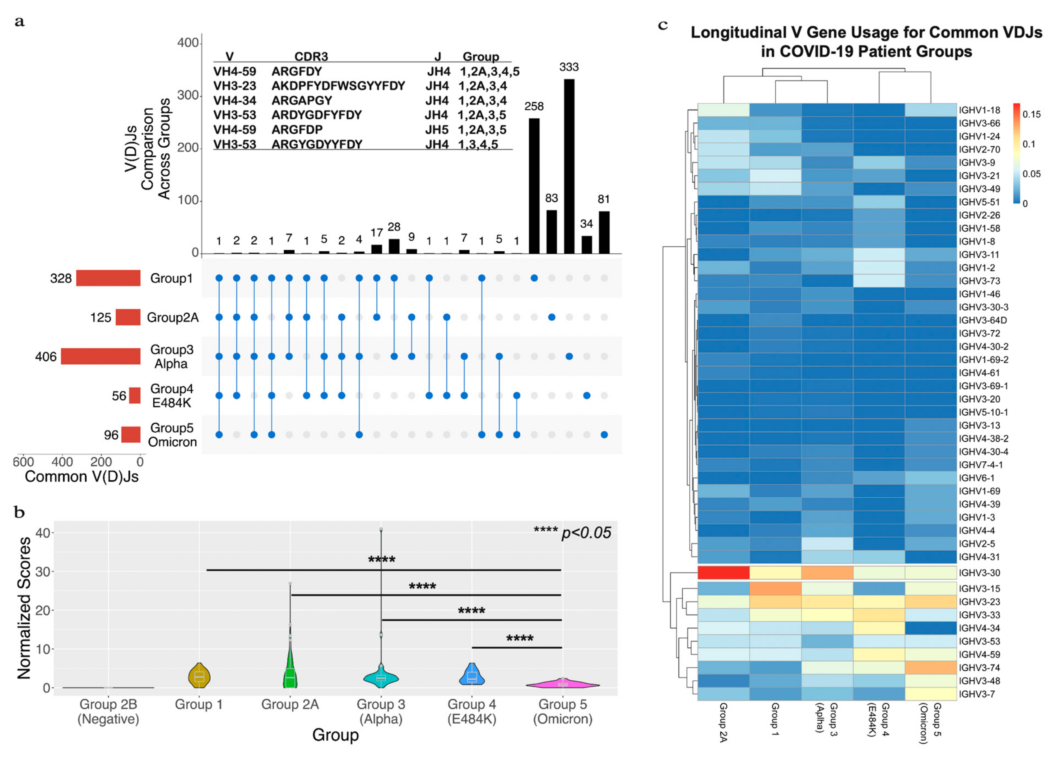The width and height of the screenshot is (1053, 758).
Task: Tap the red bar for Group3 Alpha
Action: pos(101,356)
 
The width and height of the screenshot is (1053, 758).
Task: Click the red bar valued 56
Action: pos(135,396)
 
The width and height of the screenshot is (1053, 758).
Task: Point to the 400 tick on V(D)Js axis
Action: pos(188,43)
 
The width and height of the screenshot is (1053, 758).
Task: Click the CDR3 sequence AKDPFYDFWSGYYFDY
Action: pos(338,86)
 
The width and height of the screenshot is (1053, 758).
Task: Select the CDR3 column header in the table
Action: pos(311,57)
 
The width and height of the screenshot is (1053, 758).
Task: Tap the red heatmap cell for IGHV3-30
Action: pos(723,573)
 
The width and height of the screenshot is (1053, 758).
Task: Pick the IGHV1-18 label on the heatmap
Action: pos(980,110)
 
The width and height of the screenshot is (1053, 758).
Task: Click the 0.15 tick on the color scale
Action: pos(1032,114)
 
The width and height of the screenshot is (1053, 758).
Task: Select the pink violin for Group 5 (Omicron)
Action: pos(563,684)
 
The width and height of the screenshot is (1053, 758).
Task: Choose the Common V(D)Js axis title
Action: pos(82,477)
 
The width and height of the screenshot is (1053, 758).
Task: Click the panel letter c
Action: pos(663,25)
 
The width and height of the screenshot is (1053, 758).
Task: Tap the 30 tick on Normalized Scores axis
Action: pos(43,572)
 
